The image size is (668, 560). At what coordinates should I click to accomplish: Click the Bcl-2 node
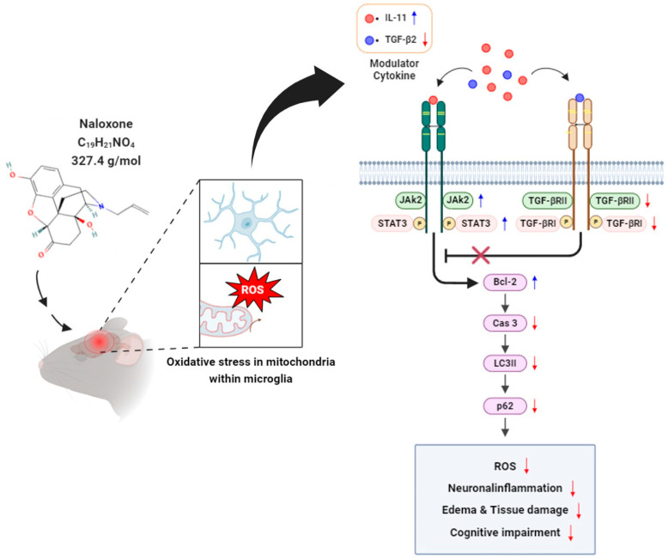pyautogui.click(x=505, y=282)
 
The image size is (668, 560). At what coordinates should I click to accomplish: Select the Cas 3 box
pyautogui.click(x=505, y=323)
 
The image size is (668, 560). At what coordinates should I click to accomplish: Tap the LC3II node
pyautogui.click(x=505, y=363)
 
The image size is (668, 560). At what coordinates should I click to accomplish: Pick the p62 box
pyautogui.click(x=505, y=405)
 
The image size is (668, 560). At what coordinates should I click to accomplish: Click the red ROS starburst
pyautogui.click(x=254, y=289)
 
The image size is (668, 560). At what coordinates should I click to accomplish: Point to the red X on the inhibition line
pyautogui.click(x=481, y=255)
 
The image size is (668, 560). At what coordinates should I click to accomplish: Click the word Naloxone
pyautogui.click(x=106, y=124)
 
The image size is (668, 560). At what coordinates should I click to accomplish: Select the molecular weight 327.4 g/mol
pyautogui.click(x=106, y=161)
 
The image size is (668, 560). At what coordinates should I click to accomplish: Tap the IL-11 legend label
pyautogui.click(x=396, y=18)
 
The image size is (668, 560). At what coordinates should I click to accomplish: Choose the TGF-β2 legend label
pyautogui.click(x=400, y=40)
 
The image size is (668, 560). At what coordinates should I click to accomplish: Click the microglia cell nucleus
pyautogui.click(x=246, y=223)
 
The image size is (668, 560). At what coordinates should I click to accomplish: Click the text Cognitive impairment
pyautogui.click(x=505, y=533)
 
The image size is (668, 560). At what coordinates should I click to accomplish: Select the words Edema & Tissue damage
pyautogui.click(x=505, y=510)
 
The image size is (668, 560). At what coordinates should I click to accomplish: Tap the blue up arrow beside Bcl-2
pyautogui.click(x=536, y=282)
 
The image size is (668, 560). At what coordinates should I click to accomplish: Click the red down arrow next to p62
pyautogui.click(x=535, y=405)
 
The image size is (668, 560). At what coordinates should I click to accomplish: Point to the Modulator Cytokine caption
pyautogui.click(x=394, y=70)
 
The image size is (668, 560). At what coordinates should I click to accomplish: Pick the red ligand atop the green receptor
pyautogui.click(x=434, y=100)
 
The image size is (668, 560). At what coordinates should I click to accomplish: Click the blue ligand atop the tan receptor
pyautogui.click(x=580, y=98)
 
